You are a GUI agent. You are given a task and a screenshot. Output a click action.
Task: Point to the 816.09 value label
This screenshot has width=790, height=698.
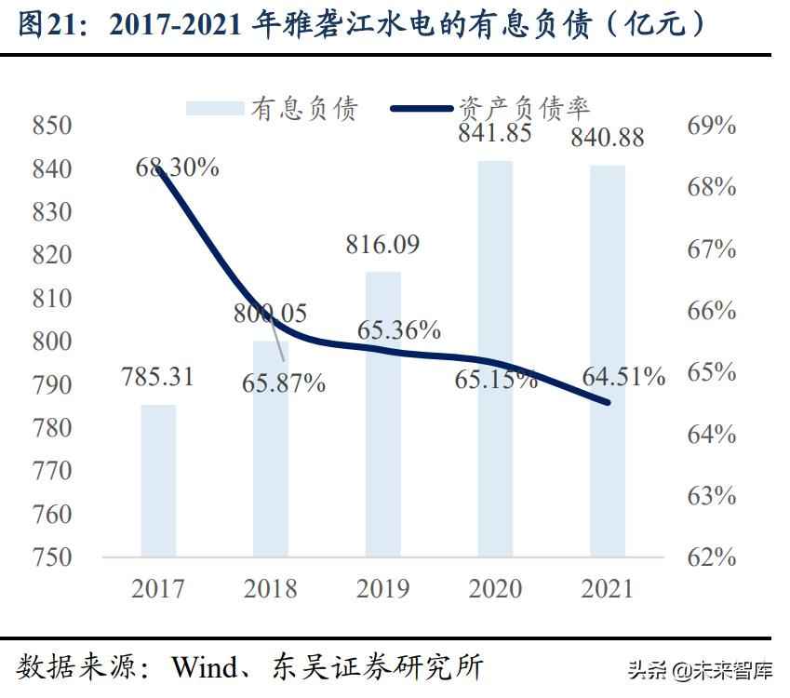(382, 245)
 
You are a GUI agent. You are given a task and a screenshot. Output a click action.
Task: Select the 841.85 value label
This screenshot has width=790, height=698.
(494, 134)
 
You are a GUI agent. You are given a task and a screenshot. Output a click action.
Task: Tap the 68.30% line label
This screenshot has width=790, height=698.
(177, 168)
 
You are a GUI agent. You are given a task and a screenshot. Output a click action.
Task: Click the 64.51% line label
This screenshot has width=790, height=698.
(623, 377)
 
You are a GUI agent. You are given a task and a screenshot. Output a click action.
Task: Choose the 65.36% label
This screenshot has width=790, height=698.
(399, 329)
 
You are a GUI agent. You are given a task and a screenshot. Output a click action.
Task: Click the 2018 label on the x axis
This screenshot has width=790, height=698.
(270, 588)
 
